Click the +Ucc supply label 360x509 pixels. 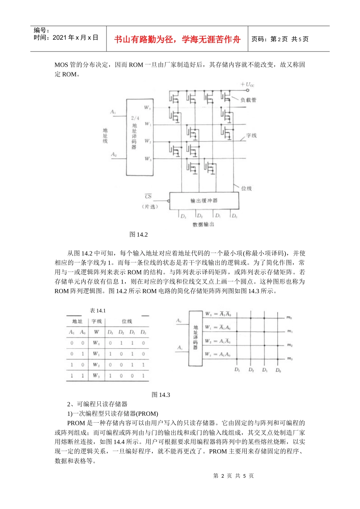click(x=248, y=84)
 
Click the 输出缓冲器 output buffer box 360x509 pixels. click(x=204, y=200)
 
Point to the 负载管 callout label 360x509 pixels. click(x=248, y=100)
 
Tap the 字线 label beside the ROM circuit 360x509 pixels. click(x=251, y=135)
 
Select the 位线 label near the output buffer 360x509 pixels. click(x=246, y=188)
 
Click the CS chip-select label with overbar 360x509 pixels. click(x=148, y=197)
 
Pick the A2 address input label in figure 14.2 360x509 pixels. click(x=114, y=155)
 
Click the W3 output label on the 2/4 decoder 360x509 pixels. click(x=148, y=159)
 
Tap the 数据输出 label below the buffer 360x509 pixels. click(x=203, y=224)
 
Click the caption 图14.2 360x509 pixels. click(x=138, y=234)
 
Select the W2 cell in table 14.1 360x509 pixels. click(x=96, y=365)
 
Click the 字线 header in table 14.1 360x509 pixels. click(x=97, y=321)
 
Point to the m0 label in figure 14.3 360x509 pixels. click(x=289, y=318)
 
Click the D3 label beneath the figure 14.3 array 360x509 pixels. click(x=237, y=370)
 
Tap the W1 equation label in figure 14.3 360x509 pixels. click(x=218, y=327)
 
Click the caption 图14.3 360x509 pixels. click(x=161, y=395)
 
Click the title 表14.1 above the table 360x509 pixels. click(x=98, y=311)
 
